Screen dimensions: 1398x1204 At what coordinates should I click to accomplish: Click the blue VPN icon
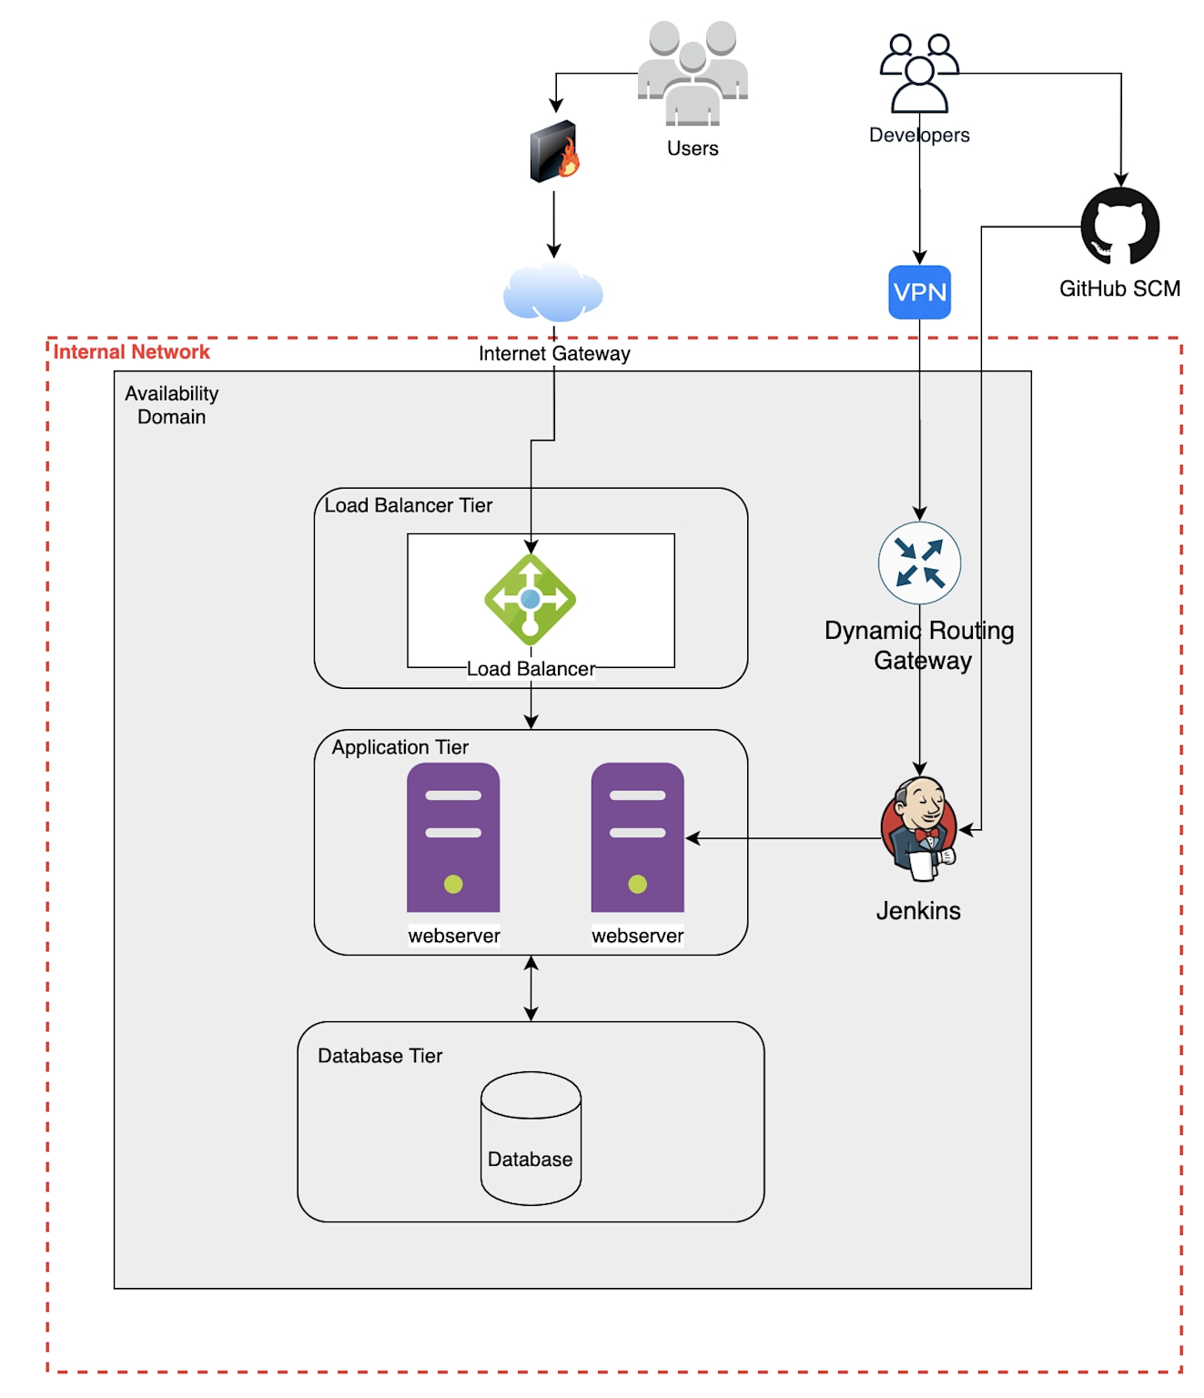[x=919, y=292]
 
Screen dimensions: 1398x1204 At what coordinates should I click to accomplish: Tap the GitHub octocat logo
[x=1119, y=227]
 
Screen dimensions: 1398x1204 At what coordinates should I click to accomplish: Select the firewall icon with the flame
[x=554, y=151]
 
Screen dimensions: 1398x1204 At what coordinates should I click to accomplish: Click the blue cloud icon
[x=553, y=293]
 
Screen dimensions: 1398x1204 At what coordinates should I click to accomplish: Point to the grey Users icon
[x=693, y=73]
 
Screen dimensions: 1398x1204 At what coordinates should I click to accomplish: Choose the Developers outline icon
[x=919, y=73]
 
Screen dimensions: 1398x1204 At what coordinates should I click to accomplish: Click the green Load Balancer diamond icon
[x=531, y=600]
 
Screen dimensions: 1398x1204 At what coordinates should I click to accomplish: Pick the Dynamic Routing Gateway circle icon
[x=919, y=562]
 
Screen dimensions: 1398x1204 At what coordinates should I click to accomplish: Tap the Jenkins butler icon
[x=919, y=828]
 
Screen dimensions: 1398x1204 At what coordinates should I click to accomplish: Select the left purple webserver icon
[x=453, y=837]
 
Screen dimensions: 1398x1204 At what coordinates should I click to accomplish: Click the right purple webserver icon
[x=637, y=837]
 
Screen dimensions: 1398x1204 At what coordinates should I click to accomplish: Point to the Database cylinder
[x=531, y=1138]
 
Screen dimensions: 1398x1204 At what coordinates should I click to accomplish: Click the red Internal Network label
[x=131, y=352]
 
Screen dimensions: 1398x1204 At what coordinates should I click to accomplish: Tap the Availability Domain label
[x=171, y=405]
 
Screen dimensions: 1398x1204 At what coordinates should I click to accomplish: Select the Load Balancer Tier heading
[x=408, y=505]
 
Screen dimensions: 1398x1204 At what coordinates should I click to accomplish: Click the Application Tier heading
[x=400, y=747]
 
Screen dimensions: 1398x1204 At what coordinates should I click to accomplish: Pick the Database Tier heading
[x=379, y=1056]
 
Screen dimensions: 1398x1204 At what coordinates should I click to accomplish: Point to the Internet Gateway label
[x=554, y=354]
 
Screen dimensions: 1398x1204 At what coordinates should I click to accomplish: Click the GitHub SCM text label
[x=1119, y=289]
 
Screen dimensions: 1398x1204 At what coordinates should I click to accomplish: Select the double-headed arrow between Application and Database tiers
[x=531, y=988]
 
